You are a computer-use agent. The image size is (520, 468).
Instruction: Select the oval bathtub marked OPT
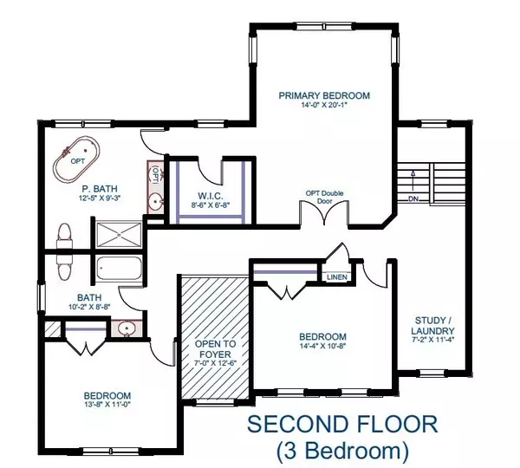tap(75, 159)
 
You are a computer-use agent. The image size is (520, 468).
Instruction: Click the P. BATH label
tap(100, 187)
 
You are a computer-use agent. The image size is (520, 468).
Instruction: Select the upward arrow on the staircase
tap(414, 179)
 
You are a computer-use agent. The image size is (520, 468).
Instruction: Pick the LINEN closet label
tap(337, 276)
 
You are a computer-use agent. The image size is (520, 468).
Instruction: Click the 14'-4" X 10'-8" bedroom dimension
tap(323, 349)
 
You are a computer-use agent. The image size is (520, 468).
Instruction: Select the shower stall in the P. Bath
tap(120, 234)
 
